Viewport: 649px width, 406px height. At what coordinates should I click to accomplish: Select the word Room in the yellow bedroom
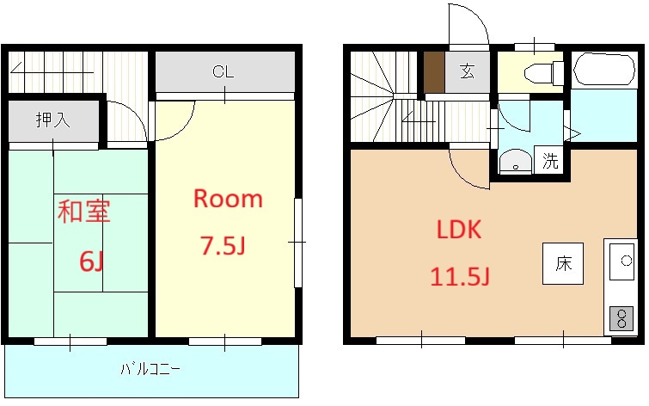click(227, 200)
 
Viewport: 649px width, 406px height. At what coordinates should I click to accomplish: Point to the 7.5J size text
click(223, 247)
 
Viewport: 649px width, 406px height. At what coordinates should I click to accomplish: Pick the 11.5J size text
click(459, 277)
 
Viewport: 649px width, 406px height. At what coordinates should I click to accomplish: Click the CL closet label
click(223, 72)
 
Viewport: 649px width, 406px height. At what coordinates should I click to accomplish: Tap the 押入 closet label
click(52, 120)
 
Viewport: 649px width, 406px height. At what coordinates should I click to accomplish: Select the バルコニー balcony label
click(150, 370)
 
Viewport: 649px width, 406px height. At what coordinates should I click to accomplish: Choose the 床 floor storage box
click(562, 264)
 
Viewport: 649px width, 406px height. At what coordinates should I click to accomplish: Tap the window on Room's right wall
click(298, 243)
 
